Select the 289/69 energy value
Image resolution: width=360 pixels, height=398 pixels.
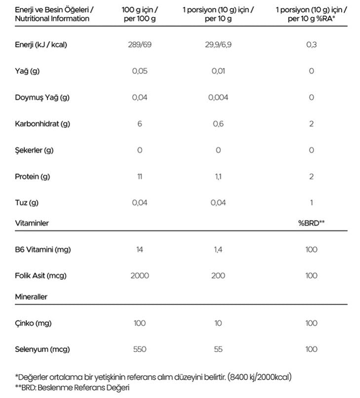(x=140, y=45)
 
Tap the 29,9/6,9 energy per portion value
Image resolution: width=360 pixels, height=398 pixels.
(x=218, y=45)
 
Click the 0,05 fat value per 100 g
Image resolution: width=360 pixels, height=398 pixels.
(x=140, y=71)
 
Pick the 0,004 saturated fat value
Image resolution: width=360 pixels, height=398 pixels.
(x=218, y=97)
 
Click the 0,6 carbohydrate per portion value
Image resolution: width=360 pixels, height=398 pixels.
(x=218, y=124)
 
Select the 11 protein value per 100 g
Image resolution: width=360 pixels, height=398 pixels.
(x=140, y=177)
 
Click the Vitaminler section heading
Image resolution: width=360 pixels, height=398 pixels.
(x=32, y=223)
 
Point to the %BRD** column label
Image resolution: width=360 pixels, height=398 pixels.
(x=311, y=223)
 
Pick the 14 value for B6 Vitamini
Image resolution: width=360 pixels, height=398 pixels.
(x=140, y=250)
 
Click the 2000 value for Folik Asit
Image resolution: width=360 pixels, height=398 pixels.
(x=140, y=275)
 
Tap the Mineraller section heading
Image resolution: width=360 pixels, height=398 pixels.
(x=31, y=297)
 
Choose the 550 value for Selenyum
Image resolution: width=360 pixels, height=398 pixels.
(x=140, y=350)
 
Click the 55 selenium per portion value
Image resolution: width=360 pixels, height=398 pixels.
(x=218, y=350)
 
